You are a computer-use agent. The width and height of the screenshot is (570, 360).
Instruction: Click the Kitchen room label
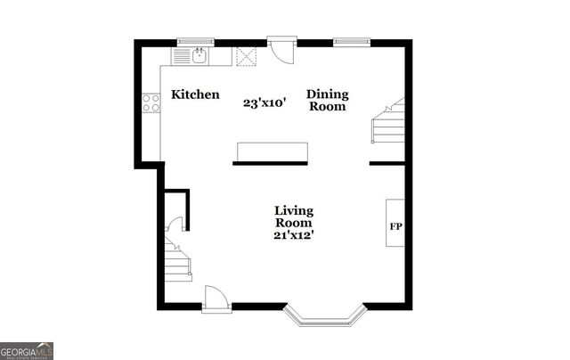coord(195,94)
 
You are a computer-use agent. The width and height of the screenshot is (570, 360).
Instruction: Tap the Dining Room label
coord(328,100)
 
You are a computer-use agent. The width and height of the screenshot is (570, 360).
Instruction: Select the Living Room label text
coord(294,217)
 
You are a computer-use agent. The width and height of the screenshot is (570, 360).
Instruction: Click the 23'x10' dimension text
coord(265,102)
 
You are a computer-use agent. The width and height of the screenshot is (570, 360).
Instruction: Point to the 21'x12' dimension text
coord(294,235)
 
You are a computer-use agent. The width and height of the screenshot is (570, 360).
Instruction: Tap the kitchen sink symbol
coord(199,57)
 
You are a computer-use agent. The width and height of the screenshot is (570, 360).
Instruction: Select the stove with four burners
coord(151,102)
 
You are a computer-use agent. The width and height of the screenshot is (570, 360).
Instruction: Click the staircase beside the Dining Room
coord(388,123)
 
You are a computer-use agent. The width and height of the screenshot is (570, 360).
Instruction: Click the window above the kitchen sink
coord(195,41)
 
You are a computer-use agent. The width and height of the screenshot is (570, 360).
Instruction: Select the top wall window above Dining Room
coord(352,41)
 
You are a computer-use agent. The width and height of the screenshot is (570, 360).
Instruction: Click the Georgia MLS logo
coord(27,350)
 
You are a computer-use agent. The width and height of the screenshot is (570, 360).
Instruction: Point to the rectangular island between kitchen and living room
coord(272,151)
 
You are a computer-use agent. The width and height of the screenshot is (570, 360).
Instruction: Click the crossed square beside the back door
coord(247,56)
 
